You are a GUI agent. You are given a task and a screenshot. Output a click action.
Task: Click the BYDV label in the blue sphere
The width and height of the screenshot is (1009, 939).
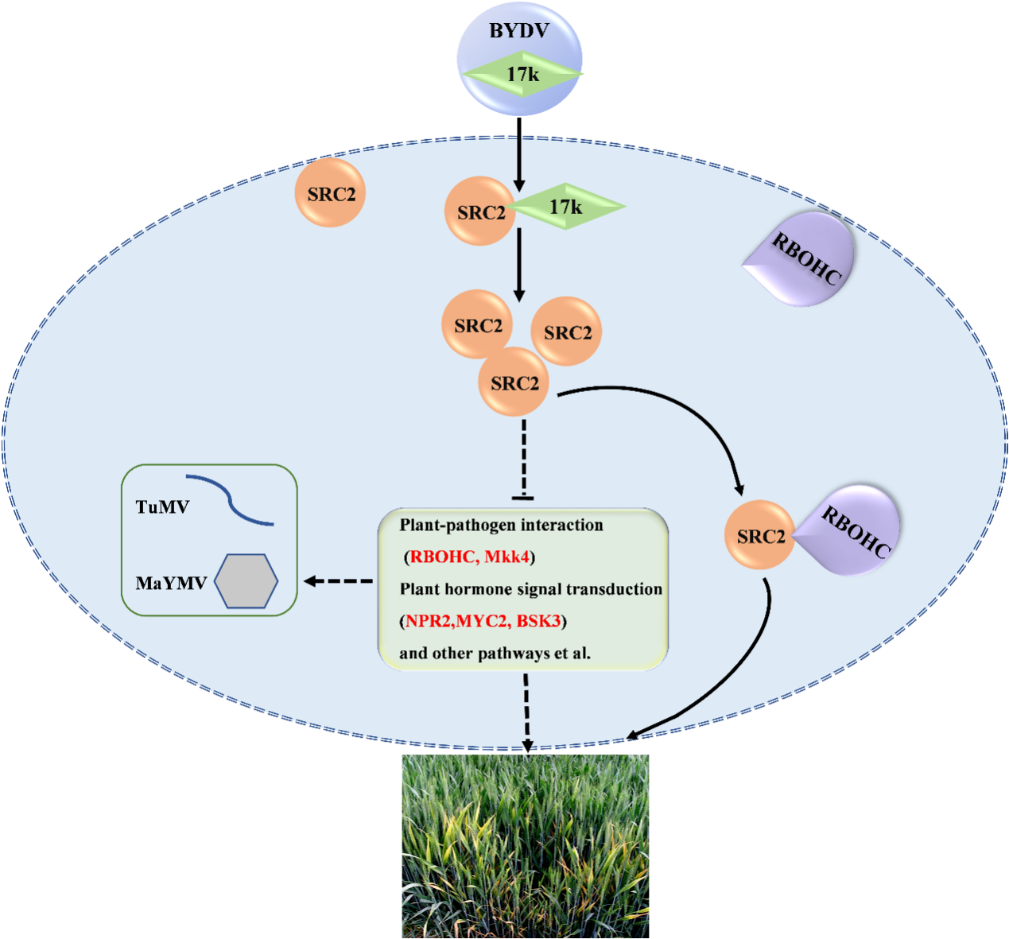pyautogui.click(x=519, y=32)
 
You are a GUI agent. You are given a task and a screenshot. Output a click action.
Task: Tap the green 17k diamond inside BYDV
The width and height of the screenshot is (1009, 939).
pyautogui.click(x=523, y=75)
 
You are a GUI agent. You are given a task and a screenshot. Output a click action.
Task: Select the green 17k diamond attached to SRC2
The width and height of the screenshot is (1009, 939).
pyautogui.click(x=566, y=207)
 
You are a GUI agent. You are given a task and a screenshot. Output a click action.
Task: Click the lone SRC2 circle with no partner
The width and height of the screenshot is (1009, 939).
pyautogui.click(x=330, y=193)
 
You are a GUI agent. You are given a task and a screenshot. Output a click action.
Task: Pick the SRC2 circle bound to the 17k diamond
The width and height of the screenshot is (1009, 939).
pyautogui.click(x=479, y=211)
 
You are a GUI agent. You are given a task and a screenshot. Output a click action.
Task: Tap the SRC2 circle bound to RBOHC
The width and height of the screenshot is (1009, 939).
pyautogui.click(x=759, y=536)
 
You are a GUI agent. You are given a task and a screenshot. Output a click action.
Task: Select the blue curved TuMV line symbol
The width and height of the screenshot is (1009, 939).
pyautogui.click(x=231, y=500)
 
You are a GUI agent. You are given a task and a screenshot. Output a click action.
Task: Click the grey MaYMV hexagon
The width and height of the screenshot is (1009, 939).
pyautogui.click(x=246, y=581)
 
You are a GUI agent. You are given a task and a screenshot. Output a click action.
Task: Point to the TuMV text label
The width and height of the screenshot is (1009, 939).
pyautogui.click(x=162, y=507)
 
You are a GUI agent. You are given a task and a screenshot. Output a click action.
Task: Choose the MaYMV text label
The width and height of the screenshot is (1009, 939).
pyautogui.click(x=171, y=584)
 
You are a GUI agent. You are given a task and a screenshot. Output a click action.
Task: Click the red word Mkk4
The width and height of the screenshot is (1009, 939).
pyautogui.click(x=506, y=557)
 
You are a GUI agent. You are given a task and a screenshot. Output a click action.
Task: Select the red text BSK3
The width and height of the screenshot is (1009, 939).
pyautogui.click(x=538, y=621)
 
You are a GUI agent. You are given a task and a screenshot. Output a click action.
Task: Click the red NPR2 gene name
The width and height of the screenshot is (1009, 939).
pyautogui.click(x=429, y=621)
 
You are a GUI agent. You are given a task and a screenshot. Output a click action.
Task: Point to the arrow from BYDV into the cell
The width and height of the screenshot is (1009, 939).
pyautogui.click(x=519, y=154)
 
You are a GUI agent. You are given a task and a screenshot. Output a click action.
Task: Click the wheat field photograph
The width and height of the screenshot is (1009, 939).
pyautogui.click(x=525, y=846)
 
